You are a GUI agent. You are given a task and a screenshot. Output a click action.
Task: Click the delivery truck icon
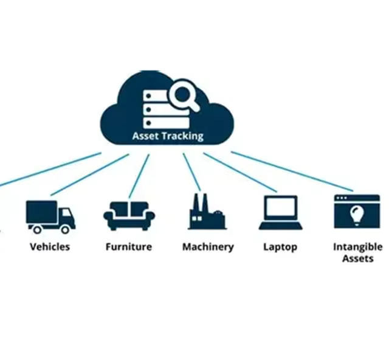pyautogui.click(x=50, y=216)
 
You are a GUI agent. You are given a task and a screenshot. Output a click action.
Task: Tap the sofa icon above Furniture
pyautogui.click(x=129, y=216)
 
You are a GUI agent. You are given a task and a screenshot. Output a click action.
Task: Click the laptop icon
pyautogui.click(x=281, y=212)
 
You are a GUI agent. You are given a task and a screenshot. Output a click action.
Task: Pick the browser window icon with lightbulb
pyautogui.click(x=357, y=211)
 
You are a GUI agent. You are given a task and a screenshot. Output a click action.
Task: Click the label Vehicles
pyautogui.click(x=50, y=247)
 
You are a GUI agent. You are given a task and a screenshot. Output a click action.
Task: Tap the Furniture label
pyautogui.click(x=129, y=247)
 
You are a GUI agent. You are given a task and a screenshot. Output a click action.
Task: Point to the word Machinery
pyautogui.click(x=208, y=247)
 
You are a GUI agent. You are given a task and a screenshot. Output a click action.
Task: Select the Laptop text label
pyautogui.click(x=280, y=247)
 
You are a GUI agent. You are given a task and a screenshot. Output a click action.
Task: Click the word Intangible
pyautogui.click(x=358, y=247)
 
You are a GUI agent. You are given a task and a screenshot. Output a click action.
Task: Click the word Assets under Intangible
pyautogui.click(x=358, y=258)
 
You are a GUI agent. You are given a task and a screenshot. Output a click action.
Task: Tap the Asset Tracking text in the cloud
pyautogui.click(x=168, y=136)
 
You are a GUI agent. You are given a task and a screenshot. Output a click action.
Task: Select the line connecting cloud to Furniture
pyautogui.click(x=139, y=176)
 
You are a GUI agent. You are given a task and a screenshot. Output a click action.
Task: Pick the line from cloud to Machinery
pyautogui.click(x=192, y=172)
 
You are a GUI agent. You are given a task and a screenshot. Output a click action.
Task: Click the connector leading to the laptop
pyautogui.click(x=240, y=172)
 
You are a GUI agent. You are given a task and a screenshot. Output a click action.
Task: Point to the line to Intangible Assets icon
pyautogui.click(x=292, y=171)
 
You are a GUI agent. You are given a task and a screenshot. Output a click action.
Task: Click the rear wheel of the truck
pyautogui.click(x=37, y=229)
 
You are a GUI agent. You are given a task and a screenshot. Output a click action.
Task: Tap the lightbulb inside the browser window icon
pyautogui.click(x=357, y=215)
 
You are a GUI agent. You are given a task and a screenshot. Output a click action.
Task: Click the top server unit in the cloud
pyautogui.click(x=156, y=96)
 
